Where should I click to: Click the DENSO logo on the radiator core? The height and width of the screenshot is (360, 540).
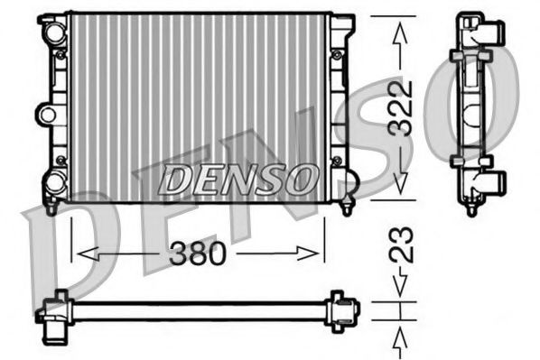[x=238, y=178]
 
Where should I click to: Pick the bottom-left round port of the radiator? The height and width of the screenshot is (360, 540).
[x=54, y=183]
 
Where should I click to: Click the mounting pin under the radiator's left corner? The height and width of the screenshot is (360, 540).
[x=51, y=208]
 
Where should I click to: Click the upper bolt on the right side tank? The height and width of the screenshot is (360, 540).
[x=337, y=55]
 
